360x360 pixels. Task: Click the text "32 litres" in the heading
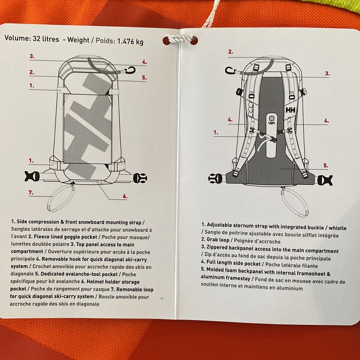pyautogui.click(x=46, y=39)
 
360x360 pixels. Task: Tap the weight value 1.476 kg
pyautogui.click(x=130, y=41)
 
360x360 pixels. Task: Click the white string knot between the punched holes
pyautogui.click(x=180, y=39)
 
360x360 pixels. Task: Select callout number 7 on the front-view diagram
pyautogui.click(x=31, y=192)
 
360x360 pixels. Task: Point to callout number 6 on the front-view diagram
pyautogui.click(x=125, y=196)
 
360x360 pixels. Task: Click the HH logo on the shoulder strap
pyautogui.click(x=291, y=110)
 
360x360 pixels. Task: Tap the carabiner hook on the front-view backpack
pyautogui.click(x=130, y=70)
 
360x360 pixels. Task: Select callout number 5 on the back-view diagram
pyautogui.click(x=325, y=165)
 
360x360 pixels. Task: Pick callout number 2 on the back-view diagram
pyautogui.click(x=230, y=52)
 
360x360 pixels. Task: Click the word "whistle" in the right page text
pyautogui.click(x=338, y=228)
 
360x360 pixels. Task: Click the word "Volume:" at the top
pyautogui.click(x=17, y=38)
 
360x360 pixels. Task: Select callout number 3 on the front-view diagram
pyautogui.click(x=32, y=56)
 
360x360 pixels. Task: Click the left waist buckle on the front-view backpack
pyautogui.click(x=32, y=176)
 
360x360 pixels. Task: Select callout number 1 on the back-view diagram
pyautogui.click(x=216, y=132)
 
